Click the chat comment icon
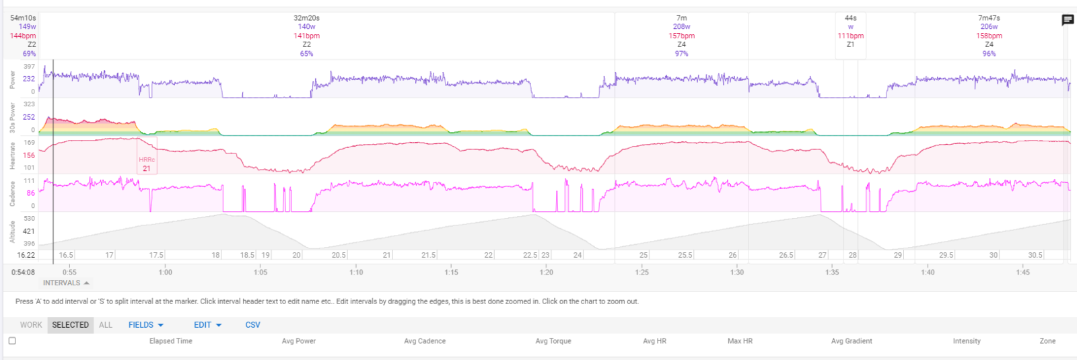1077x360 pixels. pyautogui.click(x=1068, y=20)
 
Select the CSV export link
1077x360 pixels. pyautogui.click(x=252, y=325)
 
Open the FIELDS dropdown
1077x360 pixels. pyautogui.click(x=145, y=325)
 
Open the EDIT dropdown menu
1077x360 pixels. pyautogui.click(x=207, y=325)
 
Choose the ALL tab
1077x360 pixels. pyautogui.click(x=106, y=325)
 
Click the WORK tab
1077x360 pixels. pyautogui.click(x=31, y=325)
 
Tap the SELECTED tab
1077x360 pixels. pyautogui.click(x=70, y=325)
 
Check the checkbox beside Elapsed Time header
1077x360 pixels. pyautogui.click(x=12, y=340)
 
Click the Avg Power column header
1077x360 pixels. pyautogui.click(x=299, y=341)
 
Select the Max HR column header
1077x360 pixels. pyautogui.click(x=740, y=341)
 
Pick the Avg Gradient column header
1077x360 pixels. pyautogui.click(x=852, y=341)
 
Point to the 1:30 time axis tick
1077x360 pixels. pyautogui.click(x=737, y=273)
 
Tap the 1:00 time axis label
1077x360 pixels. pyautogui.click(x=165, y=273)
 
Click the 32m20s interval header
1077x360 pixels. pyautogui.click(x=306, y=18)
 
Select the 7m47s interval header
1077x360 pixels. pyautogui.click(x=989, y=18)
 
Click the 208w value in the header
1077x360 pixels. pyautogui.click(x=681, y=27)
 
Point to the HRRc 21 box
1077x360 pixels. pyautogui.click(x=147, y=164)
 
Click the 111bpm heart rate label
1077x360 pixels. pyautogui.click(x=850, y=36)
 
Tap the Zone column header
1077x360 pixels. pyautogui.click(x=1047, y=341)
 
